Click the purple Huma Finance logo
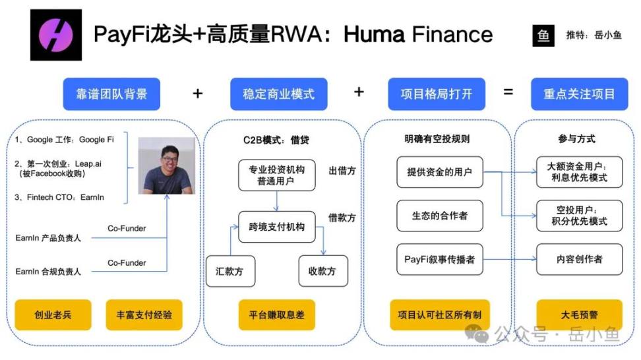pos(56,34)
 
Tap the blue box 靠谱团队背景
pos(112,94)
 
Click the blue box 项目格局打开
pos(437,94)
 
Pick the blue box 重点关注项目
pos(579,94)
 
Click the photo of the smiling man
pos(166,165)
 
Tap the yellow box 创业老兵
pos(53,315)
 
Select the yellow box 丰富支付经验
pos(144,315)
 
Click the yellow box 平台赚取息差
pos(277,315)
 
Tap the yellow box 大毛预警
pos(579,315)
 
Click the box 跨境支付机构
pos(277,227)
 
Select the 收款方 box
pos(322,271)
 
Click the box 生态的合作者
pos(439,216)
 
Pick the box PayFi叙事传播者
pos(439,259)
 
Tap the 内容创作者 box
pos(579,259)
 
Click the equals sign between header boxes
pos(508,92)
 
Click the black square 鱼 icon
pos(544,35)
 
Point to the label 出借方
pos(342,171)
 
